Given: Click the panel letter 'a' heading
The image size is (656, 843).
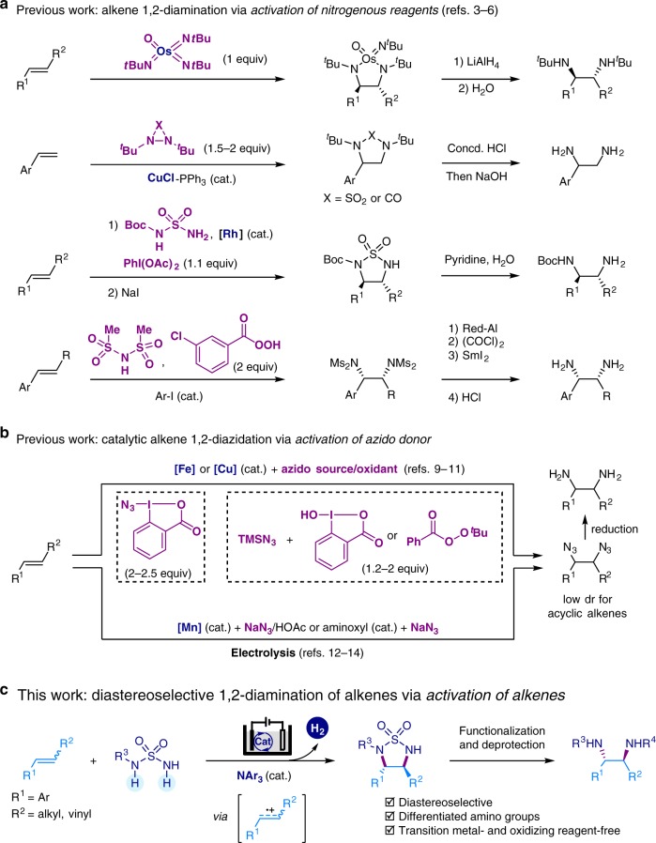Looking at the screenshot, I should point(8,8).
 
